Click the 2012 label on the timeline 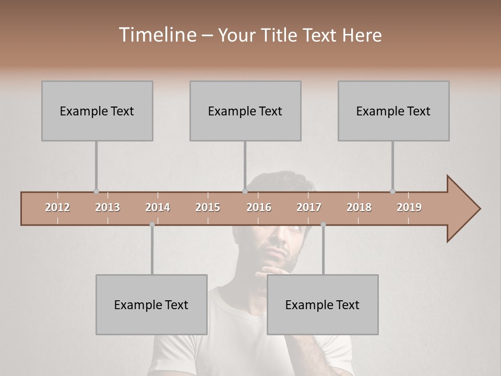point(57,207)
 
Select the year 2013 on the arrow point(108,207)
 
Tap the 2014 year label point(158,207)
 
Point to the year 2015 point(208,207)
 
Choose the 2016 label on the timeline point(259,207)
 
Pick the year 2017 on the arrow point(309,207)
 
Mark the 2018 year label point(359,207)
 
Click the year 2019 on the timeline point(409,207)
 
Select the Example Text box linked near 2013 point(97,111)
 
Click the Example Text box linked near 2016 point(245,111)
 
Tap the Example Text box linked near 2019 point(393,111)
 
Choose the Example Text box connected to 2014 point(151,304)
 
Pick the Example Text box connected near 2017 point(323,304)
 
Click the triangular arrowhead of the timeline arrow point(462,209)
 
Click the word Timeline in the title point(156,35)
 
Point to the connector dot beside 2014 point(152,225)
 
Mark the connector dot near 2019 point(392,192)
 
